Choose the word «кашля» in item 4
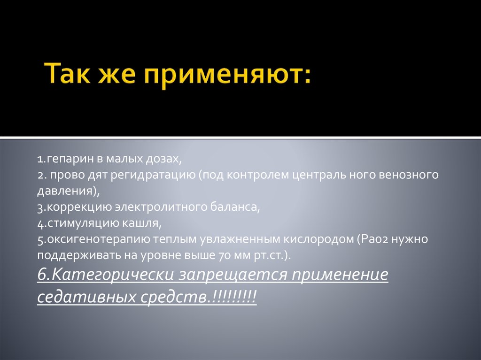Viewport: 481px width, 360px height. point(147,223)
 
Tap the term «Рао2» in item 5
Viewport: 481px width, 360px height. point(373,240)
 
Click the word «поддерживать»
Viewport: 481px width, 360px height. point(70,256)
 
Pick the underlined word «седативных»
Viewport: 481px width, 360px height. point(85,297)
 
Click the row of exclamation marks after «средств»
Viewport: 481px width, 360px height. point(234,297)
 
